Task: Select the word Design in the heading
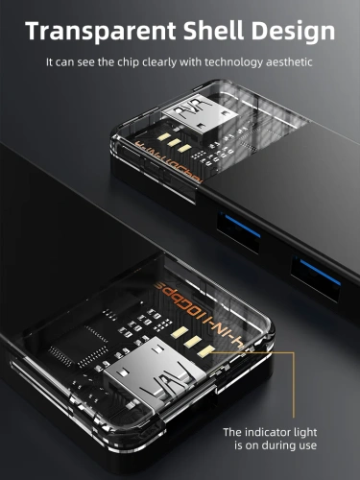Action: [293, 32]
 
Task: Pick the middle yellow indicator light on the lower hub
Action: [193, 340]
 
